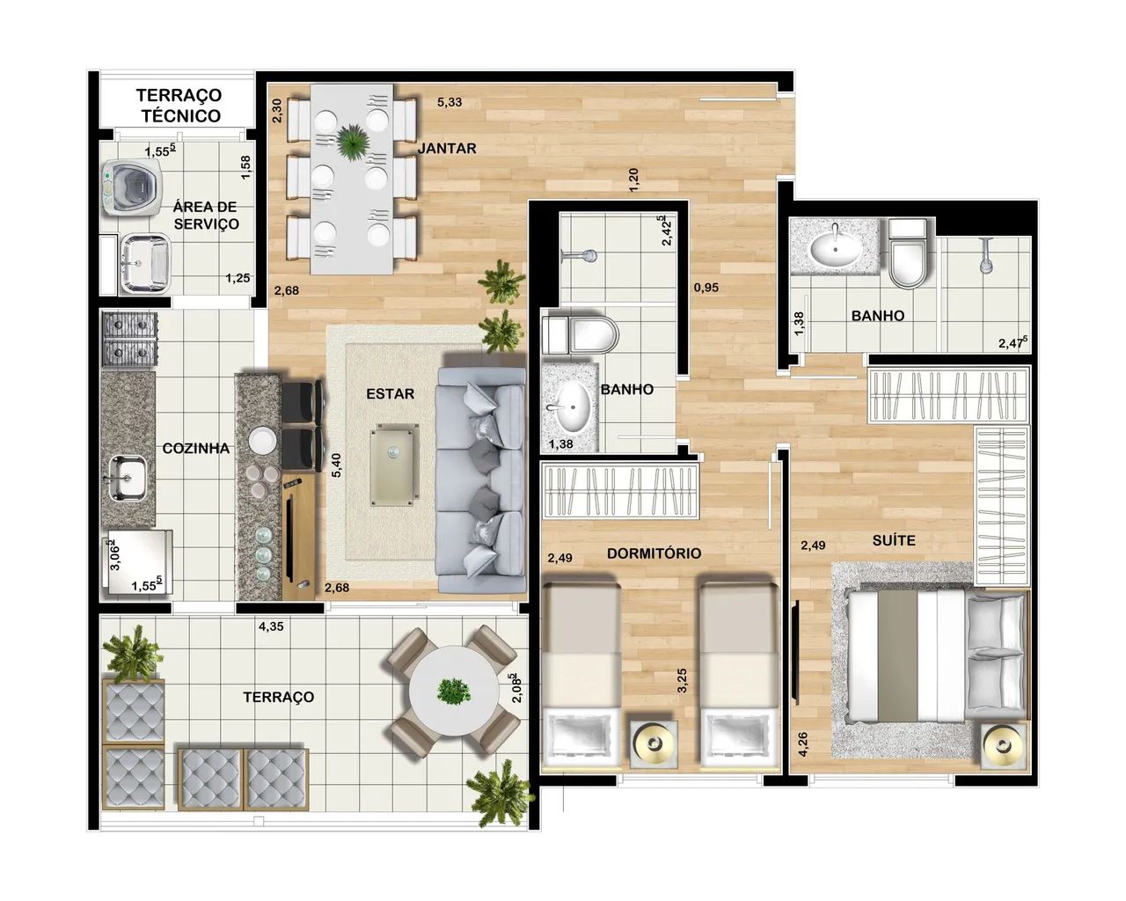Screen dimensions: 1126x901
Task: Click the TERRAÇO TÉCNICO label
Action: (179, 106)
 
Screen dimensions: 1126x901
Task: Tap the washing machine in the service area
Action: (131, 187)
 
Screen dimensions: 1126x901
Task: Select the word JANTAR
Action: (448, 148)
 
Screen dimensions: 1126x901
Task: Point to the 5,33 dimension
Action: (450, 102)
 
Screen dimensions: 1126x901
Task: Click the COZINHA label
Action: (195, 448)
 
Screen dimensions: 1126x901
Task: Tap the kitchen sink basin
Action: (128, 478)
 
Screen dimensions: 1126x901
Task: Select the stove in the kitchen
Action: (129, 341)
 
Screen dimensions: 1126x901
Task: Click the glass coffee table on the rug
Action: (395, 465)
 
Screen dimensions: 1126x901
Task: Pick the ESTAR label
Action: (390, 393)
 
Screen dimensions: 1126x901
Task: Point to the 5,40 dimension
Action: (336, 465)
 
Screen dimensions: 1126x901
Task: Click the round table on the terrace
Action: (454, 691)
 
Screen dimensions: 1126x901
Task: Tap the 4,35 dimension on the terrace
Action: (271, 626)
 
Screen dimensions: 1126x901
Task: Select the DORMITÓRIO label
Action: (654, 553)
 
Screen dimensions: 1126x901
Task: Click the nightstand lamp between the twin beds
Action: (654, 744)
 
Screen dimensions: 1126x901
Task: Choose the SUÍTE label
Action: (894, 540)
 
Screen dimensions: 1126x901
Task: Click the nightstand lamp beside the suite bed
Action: (1003, 745)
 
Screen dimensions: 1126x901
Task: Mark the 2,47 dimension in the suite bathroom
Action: (1013, 343)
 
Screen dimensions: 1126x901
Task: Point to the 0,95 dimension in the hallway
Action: (706, 288)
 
